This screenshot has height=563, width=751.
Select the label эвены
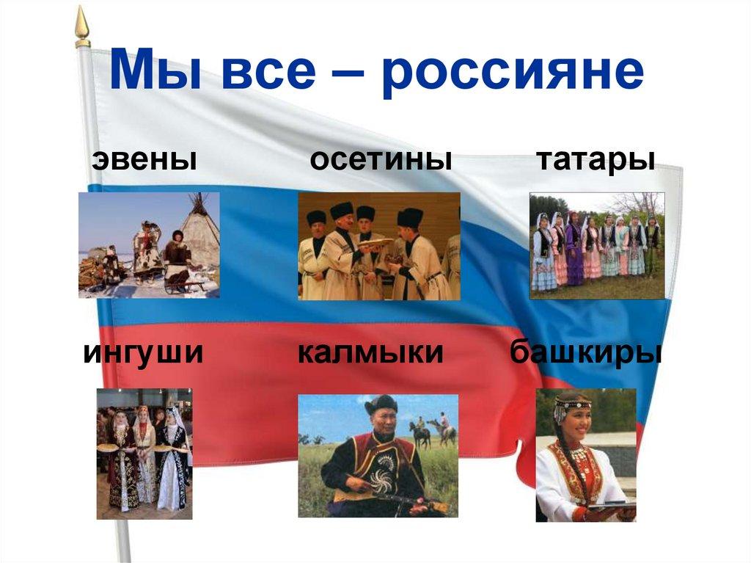click(x=144, y=159)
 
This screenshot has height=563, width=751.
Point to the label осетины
click(x=380, y=159)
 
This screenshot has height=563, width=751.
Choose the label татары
click(x=596, y=159)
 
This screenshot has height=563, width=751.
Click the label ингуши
click(x=143, y=353)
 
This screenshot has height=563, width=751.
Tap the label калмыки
click(x=370, y=353)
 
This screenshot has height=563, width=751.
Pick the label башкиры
click(x=586, y=353)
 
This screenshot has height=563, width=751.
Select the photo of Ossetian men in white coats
click(x=378, y=246)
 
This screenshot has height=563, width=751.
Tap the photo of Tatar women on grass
click(x=596, y=245)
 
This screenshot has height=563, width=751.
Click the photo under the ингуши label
click(x=144, y=454)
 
